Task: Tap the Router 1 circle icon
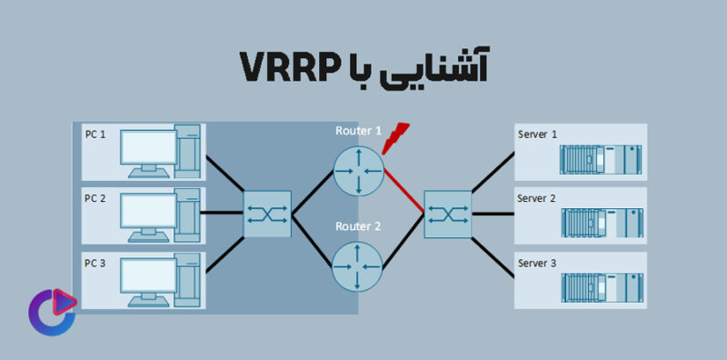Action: click(358, 170)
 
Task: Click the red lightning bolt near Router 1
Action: click(395, 137)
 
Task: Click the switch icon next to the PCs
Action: click(267, 215)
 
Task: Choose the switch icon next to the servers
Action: click(447, 215)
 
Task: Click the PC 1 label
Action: click(95, 135)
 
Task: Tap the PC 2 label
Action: click(95, 198)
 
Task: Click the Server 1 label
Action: click(537, 135)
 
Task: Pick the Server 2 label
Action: click(537, 198)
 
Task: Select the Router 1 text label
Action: click(358, 131)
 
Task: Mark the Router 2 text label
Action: click(358, 225)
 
